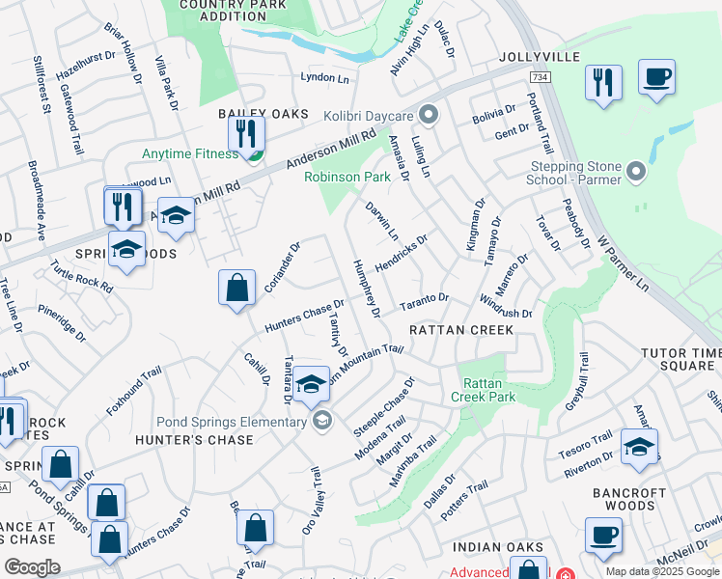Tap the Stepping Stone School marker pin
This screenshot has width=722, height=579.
tap(635, 173)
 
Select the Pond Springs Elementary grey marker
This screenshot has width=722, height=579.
tap(321, 419)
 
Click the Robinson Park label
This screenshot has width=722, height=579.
tap(347, 177)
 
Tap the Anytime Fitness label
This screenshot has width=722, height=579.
tap(190, 153)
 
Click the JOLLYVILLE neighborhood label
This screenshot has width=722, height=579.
tap(540, 57)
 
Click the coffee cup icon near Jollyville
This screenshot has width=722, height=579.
tap(656, 77)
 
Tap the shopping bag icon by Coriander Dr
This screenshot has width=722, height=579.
tap(236, 288)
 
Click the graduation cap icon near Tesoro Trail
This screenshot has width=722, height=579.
tap(638, 447)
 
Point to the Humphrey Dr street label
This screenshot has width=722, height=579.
tap(366, 287)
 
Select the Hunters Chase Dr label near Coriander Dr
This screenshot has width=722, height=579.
tap(304, 314)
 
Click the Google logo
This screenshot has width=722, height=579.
tap(32, 567)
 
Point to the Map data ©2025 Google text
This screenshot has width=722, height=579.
tap(662, 571)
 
